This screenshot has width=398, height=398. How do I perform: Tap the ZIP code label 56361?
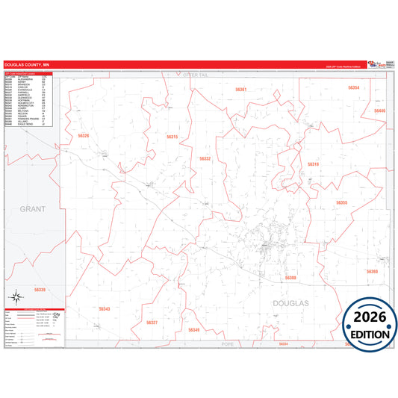[240, 90]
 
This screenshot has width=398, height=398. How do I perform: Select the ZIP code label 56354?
[353, 87]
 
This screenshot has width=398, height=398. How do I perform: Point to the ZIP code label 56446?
[380, 111]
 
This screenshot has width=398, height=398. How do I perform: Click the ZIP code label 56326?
[83, 136]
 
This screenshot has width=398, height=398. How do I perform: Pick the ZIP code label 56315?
[172, 137]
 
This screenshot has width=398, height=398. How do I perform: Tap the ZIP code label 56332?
[205, 158]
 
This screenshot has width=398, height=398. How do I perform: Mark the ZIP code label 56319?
[313, 164]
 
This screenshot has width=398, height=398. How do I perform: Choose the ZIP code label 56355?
[341, 202]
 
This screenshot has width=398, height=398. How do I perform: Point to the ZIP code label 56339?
[40, 289]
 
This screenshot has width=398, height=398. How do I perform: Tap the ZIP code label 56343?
[105, 308]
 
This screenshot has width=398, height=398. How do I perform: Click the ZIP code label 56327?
[152, 322]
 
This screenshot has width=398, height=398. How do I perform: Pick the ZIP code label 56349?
[194, 329]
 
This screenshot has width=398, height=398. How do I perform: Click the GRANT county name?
[33, 210]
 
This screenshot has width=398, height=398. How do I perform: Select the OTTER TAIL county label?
[199, 75]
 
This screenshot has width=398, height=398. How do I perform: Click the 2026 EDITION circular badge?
[370, 322]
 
